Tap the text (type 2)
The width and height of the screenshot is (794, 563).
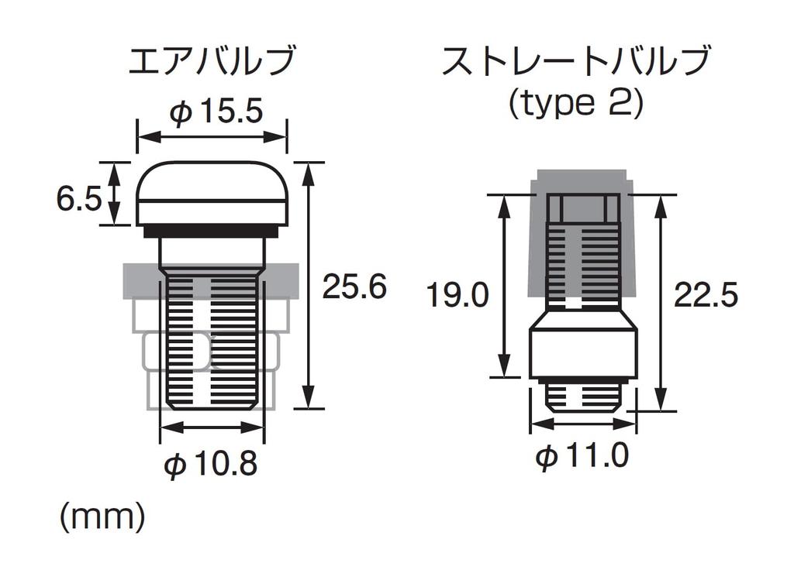pos(575,104)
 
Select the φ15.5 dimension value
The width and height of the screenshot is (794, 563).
pos(216,112)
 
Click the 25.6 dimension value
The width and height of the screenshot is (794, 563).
pos(354,287)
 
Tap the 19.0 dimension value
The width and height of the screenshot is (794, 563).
pos(458,296)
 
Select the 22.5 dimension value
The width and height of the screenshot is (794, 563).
pos(706,296)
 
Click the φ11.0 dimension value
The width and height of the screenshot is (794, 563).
pos(582,457)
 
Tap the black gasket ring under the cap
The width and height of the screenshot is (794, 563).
pos(211,230)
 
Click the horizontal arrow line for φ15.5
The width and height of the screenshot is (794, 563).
pos(212,137)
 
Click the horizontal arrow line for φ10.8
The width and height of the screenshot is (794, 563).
pos(211,427)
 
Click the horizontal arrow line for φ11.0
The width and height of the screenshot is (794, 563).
pos(583,425)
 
